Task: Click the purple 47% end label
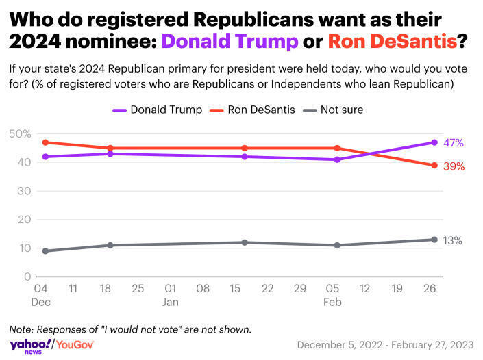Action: point(453,143)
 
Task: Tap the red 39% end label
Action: point(453,166)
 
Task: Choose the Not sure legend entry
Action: point(336,110)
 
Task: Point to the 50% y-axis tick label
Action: point(20,133)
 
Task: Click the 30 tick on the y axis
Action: point(23,191)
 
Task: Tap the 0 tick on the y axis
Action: point(27,277)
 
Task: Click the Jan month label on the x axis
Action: point(171,301)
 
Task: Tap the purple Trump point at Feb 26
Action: point(434,142)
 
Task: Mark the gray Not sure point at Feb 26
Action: point(434,240)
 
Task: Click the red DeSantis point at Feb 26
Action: point(434,166)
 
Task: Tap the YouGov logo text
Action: point(75,344)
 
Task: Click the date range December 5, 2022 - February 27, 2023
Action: point(385,344)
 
